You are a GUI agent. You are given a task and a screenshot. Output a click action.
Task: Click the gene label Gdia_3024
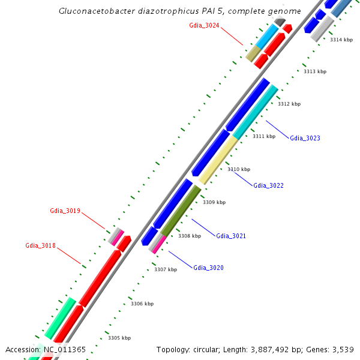[204, 25]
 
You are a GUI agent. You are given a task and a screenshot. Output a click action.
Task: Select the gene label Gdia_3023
[305, 138]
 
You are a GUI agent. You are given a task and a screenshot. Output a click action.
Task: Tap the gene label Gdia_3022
[268, 185]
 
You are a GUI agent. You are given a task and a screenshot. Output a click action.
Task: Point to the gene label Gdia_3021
[231, 236]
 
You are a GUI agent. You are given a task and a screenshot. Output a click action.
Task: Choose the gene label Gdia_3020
[208, 268]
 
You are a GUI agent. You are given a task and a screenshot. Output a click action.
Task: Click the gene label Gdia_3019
[65, 211]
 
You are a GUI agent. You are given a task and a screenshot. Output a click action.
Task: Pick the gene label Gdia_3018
[40, 245]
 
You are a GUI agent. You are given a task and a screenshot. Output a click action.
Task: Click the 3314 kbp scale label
[341, 40]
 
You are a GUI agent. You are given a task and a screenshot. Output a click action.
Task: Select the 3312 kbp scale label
[289, 104]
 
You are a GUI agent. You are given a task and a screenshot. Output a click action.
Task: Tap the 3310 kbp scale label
[239, 169]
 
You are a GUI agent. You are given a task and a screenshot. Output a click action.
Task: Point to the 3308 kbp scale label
[190, 236]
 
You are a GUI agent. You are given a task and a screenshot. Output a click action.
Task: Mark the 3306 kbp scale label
[142, 304]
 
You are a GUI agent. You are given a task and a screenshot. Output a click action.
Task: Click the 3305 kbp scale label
[119, 338]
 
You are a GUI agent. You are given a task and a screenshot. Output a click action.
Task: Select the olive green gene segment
[181, 211]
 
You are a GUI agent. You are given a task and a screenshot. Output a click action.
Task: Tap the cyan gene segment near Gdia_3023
[256, 112]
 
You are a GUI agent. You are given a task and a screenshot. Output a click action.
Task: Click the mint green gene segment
[60, 317]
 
